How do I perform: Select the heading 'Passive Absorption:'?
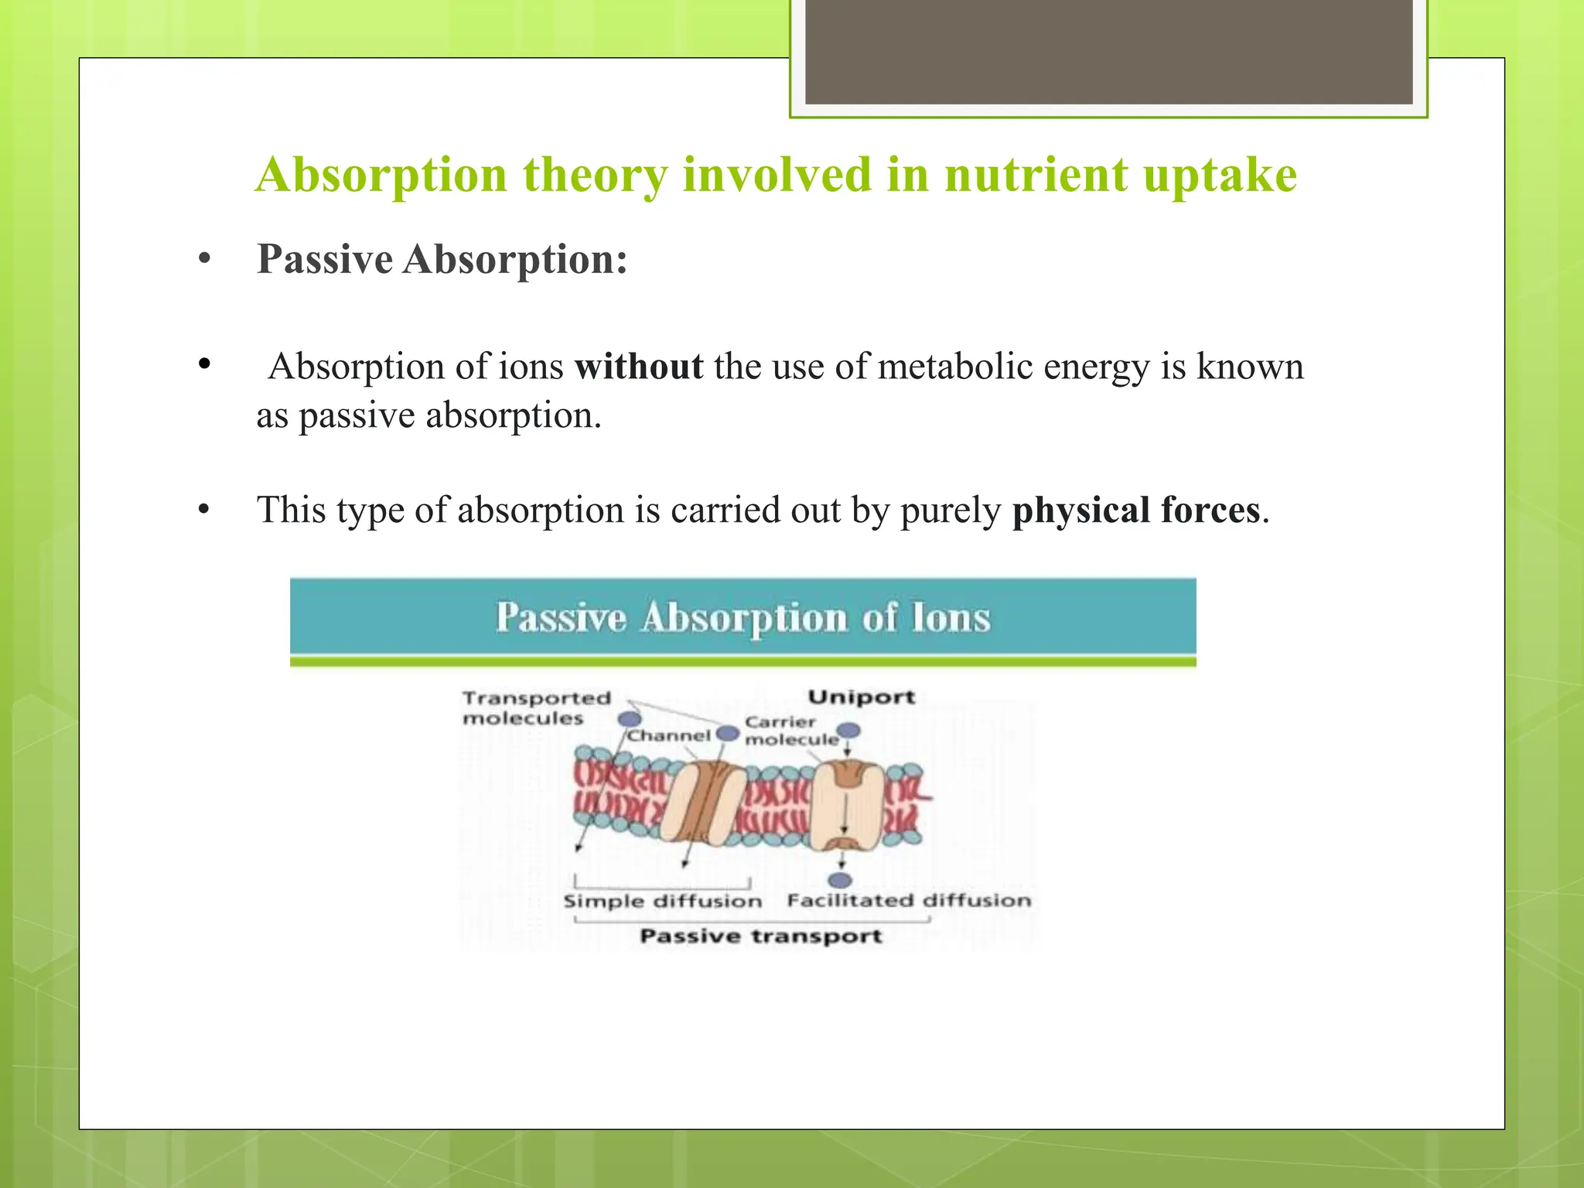[442, 259]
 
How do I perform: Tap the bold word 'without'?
[639, 367]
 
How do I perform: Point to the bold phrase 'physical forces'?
[1136, 510]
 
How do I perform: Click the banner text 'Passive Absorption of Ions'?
[742, 618]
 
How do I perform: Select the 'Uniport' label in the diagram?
[861, 697]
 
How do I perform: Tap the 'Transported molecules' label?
[536, 708]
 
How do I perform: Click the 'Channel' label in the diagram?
[668, 736]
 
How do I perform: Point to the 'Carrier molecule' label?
[790, 731]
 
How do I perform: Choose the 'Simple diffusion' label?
[662, 902]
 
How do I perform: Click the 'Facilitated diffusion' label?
[909, 901]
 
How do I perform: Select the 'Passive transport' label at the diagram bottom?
[761, 937]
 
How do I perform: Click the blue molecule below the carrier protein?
[840, 880]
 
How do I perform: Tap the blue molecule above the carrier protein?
[849, 730]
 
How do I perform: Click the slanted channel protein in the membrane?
[700, 803]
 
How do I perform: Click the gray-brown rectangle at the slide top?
[1108, 51]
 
